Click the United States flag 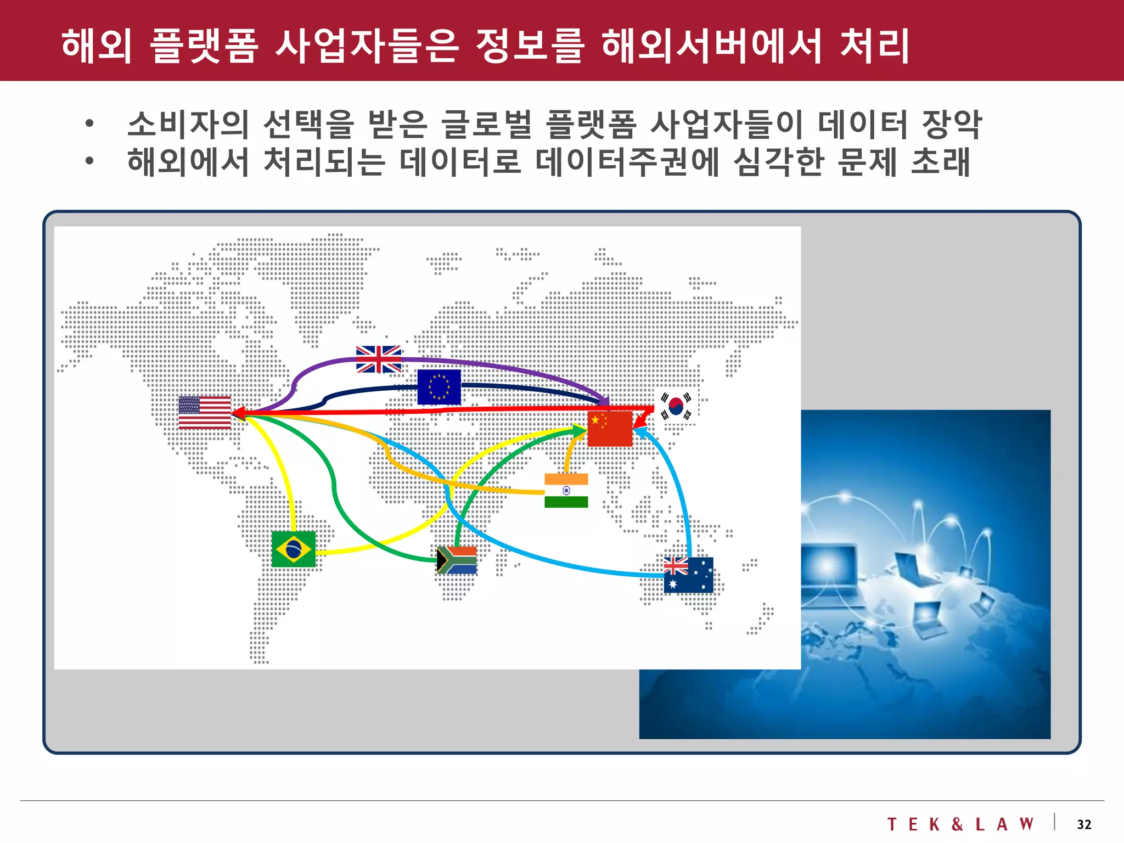pyautogui.click(x=205, y=412)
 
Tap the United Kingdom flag pyautogui.click(x=379, y=359)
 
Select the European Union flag pyautogui.click(x=439, y=387)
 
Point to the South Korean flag pyautogui.click(x=676, y=406)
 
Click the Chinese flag pyautogui.click(x=610, y=429)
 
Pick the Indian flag pyautogui.click(x=566, y=491)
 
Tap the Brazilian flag pyautogui.click(x=294, y=549)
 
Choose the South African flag pyautogui.click(x=457, y=560)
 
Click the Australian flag pyautogui.click(x=688, y=575)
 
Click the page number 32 pyautogui.click(x=1084, y=824)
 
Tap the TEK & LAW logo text pyautogui.click(x=960, y=824)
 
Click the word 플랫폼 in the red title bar pyautogui.click(x=204, y=45)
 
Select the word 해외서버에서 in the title pyautogui.click(x=711, y=45)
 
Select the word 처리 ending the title pyautogui.click(x=874, y=45)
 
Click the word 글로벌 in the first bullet pyautogui.click(x=486, y=124)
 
